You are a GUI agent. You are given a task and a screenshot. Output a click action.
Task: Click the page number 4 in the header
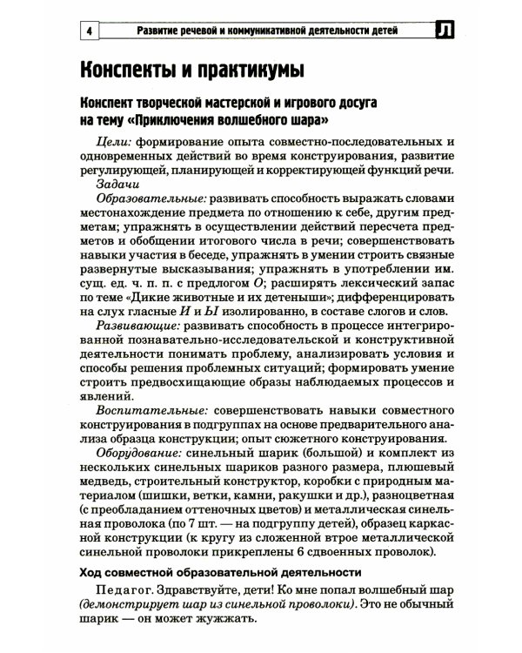tap(89, 33)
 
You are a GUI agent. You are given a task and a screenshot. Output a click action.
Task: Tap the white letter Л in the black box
tap(445, 33)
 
